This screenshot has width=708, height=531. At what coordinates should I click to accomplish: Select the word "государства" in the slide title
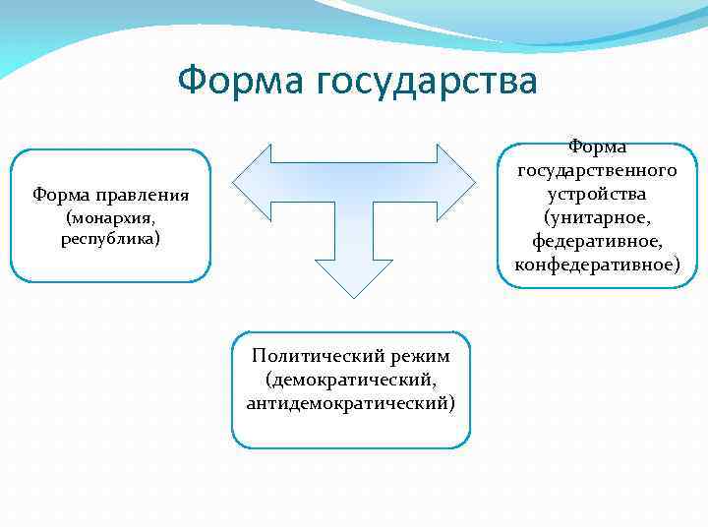click(x=427, y=82)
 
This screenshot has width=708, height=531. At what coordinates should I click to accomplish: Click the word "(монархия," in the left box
click(x=110, y=217)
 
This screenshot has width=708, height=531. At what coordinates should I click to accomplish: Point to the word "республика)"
click(x=110, y=238)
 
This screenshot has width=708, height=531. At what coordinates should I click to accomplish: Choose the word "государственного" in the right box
click(x=597, y=170)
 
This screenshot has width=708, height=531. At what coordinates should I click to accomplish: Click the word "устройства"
click(x=597, y=194)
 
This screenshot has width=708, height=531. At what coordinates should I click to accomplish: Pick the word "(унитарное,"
click(x=597, y=217)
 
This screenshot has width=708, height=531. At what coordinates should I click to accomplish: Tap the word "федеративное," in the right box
click(x=597, y=241)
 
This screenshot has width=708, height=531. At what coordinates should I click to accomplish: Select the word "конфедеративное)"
click(x=597, y=265)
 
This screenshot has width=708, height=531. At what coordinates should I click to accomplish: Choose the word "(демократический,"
click(x=351, y=379)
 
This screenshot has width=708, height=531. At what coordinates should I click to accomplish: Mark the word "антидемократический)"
click(x=351, y=402)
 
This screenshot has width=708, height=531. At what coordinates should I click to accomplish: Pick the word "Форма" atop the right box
click(x=597, y=147)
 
